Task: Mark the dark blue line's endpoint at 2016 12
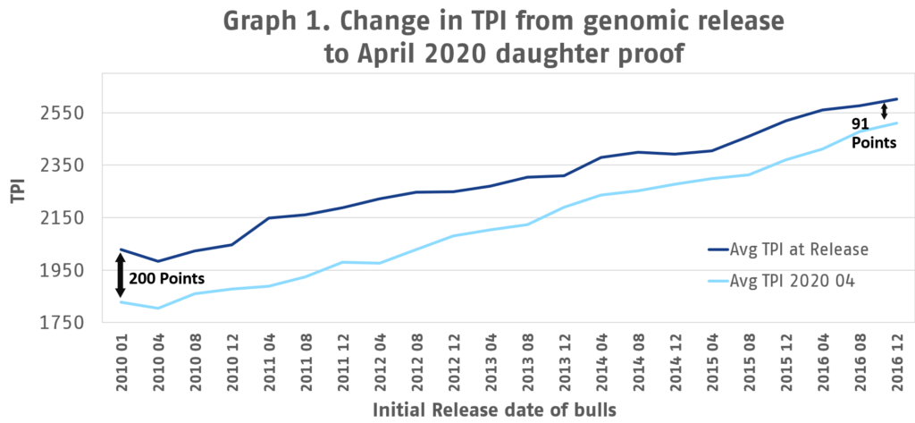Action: pos(896,99)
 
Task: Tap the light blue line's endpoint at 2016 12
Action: pos(896,123)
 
